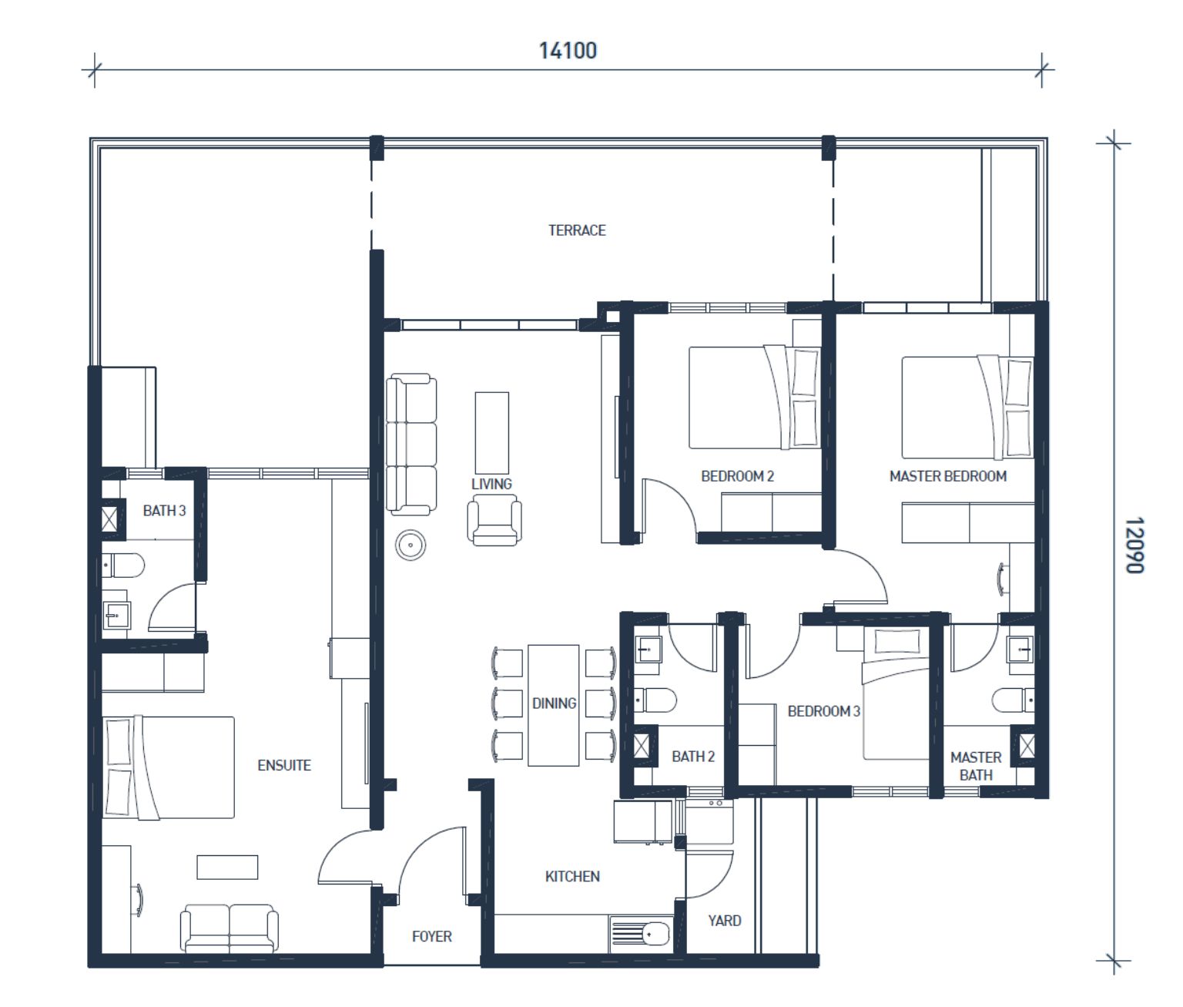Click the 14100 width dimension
[568, 51]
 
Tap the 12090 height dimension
[1134, 545]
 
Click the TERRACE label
[577, 230]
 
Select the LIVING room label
[491, 484]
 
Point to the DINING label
[554, 703]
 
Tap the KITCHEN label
[572, 877]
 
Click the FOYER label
[432, 937]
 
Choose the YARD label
[725, 921]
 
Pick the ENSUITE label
[284, 765]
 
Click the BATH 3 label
[164, 511]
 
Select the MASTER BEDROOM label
[948, 476]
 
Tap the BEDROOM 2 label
[737, 476]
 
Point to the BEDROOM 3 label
[823, 711]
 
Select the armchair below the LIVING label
[494, 520]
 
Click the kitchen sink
[640, 935]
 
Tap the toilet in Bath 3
[123, 566]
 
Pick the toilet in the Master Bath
[1013, 700]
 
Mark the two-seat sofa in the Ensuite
[229, 928]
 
